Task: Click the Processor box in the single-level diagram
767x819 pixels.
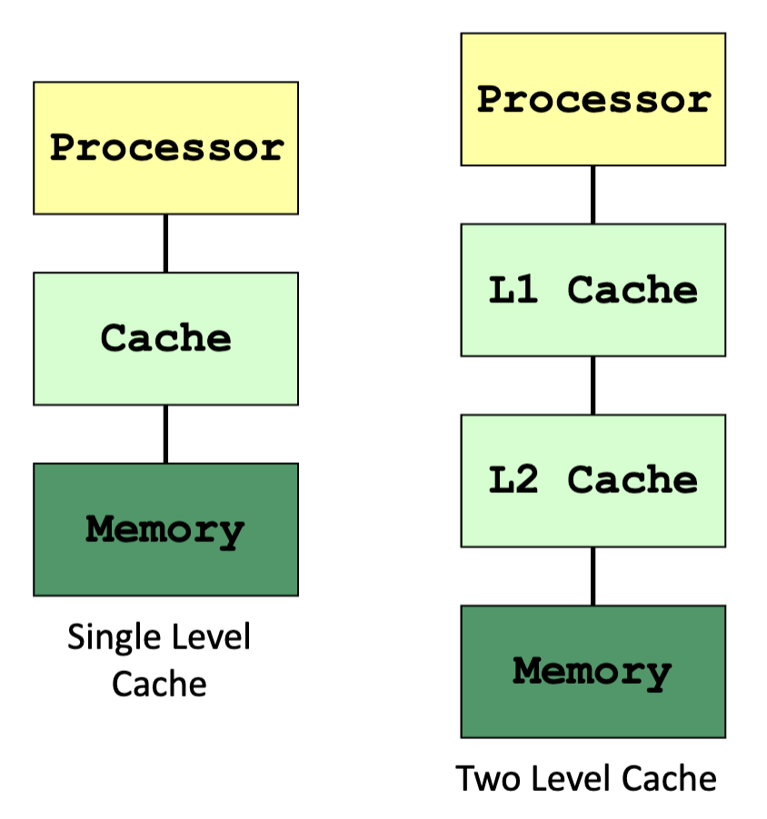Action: point(165,148)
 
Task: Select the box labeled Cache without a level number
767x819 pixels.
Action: point(165,339)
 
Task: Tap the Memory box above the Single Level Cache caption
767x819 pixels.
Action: point(165,529)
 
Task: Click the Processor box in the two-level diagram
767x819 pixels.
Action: point(593,100)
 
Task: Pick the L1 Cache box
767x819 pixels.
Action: point(593,290)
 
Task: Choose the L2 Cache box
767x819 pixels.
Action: point(593,480)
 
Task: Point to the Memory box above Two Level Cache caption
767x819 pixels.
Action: point(593,671)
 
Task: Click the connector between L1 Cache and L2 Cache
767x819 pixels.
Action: point(593,385)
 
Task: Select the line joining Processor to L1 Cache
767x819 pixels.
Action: point(593,194)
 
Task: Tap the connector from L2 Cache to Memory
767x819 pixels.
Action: point(593,576)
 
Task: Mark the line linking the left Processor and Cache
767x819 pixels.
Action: point(165,243)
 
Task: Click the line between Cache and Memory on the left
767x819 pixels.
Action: point(165,434)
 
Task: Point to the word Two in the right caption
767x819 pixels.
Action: point(482,778)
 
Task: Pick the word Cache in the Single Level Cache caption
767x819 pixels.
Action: point(159,683)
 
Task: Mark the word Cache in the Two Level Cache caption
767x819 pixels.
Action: point(672,778)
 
